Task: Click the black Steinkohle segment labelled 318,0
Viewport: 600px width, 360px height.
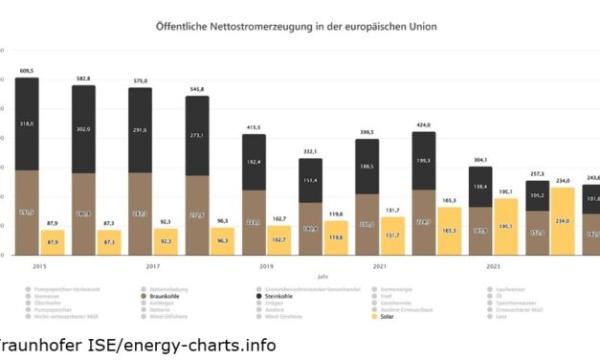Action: coord(27,124)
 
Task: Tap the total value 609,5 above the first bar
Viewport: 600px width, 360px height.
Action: coord(27,70)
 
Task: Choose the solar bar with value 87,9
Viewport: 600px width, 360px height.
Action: coord(53,242)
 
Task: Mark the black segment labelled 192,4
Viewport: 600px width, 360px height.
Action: coord(254,162)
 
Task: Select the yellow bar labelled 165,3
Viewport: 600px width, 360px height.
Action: coord(450,231)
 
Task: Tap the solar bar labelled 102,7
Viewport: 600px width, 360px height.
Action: coord(279,240)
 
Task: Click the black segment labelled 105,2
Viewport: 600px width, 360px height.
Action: coord(538,195)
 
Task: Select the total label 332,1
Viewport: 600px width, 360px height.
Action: coord(310,151)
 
